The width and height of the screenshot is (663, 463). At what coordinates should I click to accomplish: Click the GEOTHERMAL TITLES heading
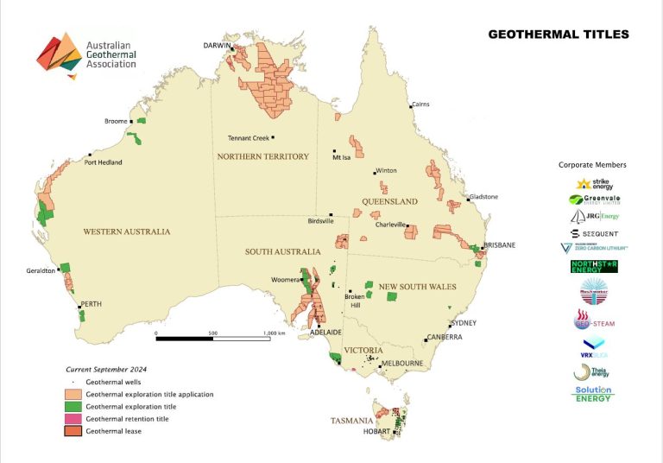[559, 35]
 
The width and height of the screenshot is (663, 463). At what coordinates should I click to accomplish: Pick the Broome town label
[115, 122]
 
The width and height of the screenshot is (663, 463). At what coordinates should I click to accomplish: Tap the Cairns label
[420, 103]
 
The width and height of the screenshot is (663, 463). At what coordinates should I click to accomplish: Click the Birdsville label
[319, 220]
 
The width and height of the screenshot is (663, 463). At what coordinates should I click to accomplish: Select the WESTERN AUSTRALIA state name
[127, 231]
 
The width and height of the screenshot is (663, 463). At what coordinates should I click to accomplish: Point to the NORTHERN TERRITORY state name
[263, 156]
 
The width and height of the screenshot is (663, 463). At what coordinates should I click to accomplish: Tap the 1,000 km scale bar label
[275, 333]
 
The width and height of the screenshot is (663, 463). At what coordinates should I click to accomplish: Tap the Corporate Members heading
[592, 164]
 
